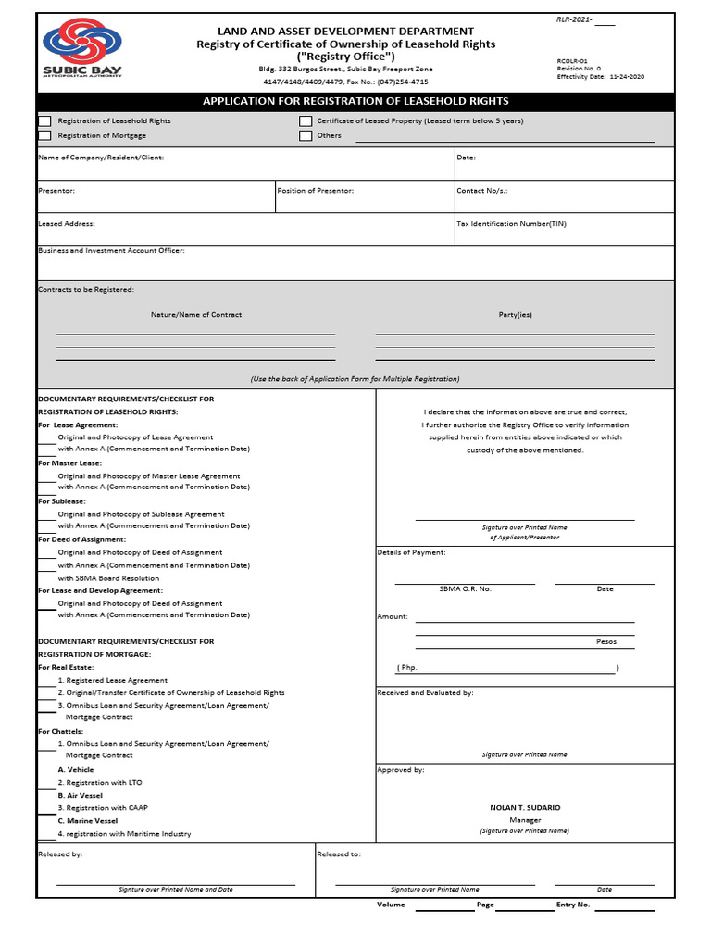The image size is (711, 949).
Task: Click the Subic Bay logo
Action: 81,52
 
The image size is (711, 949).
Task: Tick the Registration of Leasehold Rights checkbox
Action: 44,121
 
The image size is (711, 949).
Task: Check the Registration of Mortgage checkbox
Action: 44,136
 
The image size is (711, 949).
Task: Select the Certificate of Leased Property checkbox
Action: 306,121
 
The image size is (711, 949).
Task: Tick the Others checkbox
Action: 306,136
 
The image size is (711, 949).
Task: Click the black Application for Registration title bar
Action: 355,101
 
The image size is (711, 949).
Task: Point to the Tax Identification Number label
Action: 511,224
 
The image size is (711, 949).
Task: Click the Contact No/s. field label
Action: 482,191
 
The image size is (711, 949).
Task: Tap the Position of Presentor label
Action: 316,191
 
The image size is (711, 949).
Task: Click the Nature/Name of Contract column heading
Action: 196,315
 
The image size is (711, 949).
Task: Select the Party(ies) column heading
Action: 516,315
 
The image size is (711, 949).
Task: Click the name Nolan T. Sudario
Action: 525,808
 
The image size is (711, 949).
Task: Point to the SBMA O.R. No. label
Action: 465,589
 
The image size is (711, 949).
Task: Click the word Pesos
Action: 605,641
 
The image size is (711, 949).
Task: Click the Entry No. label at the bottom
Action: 573,905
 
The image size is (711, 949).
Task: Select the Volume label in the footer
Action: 391,905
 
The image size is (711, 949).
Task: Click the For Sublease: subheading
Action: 62,501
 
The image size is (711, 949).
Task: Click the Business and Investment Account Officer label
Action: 111,251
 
